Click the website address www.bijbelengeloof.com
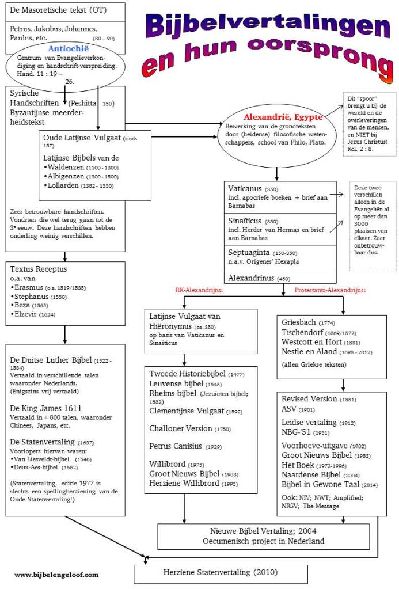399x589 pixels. point(56,574)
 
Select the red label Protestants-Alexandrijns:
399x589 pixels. point(330,291)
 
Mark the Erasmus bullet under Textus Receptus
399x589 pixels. point(30,287)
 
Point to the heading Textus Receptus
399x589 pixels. point(39,269)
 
